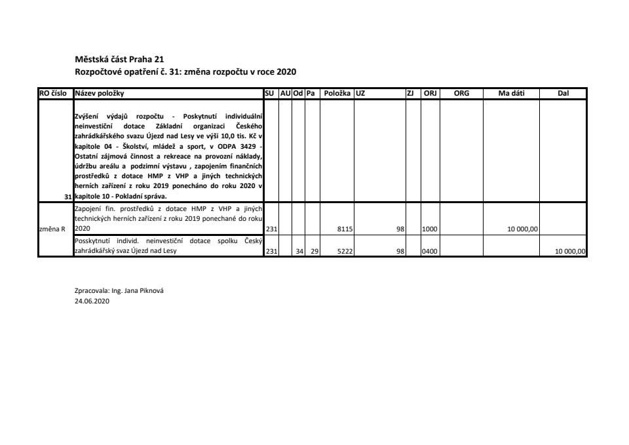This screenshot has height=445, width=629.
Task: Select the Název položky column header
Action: tap(100, 94)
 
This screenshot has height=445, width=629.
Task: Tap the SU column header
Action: tap(270, 94)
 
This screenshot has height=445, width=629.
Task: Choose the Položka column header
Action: tap(337, 94)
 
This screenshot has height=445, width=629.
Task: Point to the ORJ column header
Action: tap(430, 94)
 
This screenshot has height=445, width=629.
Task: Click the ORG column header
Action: tap(461, 94)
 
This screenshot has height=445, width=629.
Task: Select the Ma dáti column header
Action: tap(511, 94)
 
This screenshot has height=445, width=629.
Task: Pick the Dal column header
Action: tap(563, 94)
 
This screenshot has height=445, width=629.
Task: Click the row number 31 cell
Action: tap(68, 196)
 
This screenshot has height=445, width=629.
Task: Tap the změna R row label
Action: tap(54, 229)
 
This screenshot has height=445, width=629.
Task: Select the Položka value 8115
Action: tap(345, 229)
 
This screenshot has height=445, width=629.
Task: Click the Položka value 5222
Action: tap(345, 251)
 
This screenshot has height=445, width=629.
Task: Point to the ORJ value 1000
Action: tap(430, 229)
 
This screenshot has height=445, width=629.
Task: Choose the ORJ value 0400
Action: tap(430, 251)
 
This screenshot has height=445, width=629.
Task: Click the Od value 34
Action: tap(299, 251)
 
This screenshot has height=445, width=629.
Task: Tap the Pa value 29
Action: tap(314, 251)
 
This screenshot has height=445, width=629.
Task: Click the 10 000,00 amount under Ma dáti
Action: tap(522, 229)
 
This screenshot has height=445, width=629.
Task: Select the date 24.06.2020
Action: tap(92, 303)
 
